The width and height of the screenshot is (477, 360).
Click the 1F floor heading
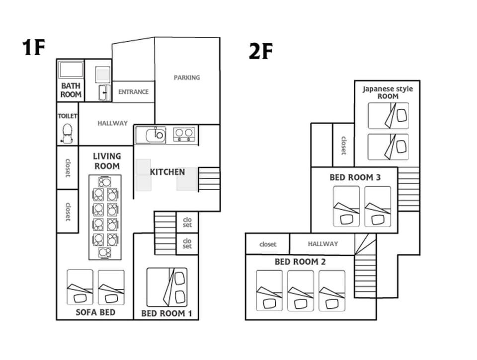point(33,48)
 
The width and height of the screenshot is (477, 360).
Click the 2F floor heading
point(261,51)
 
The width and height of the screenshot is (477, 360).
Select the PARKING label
point(187,77)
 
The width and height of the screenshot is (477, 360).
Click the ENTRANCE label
point(133,92)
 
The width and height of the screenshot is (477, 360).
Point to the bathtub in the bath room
point(71,70)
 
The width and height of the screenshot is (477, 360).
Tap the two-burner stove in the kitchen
point(184,135)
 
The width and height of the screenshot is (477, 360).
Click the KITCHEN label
point(167,172)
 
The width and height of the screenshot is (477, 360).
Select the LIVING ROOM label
point(107,161)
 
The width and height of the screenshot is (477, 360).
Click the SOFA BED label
point(95,312)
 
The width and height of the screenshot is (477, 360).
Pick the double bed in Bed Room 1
point(167,288)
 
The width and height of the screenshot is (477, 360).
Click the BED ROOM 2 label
point(300,262)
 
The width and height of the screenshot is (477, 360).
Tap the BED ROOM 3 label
point(355,177)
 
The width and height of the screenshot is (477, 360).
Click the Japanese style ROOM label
point(388,92)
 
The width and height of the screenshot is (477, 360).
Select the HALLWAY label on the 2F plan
point(323,244)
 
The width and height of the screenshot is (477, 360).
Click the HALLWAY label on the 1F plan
point(113,123)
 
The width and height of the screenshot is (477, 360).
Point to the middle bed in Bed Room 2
point(301,290)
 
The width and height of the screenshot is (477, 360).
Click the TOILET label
point(68,116)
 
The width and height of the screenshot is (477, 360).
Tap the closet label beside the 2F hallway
point(268,244)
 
